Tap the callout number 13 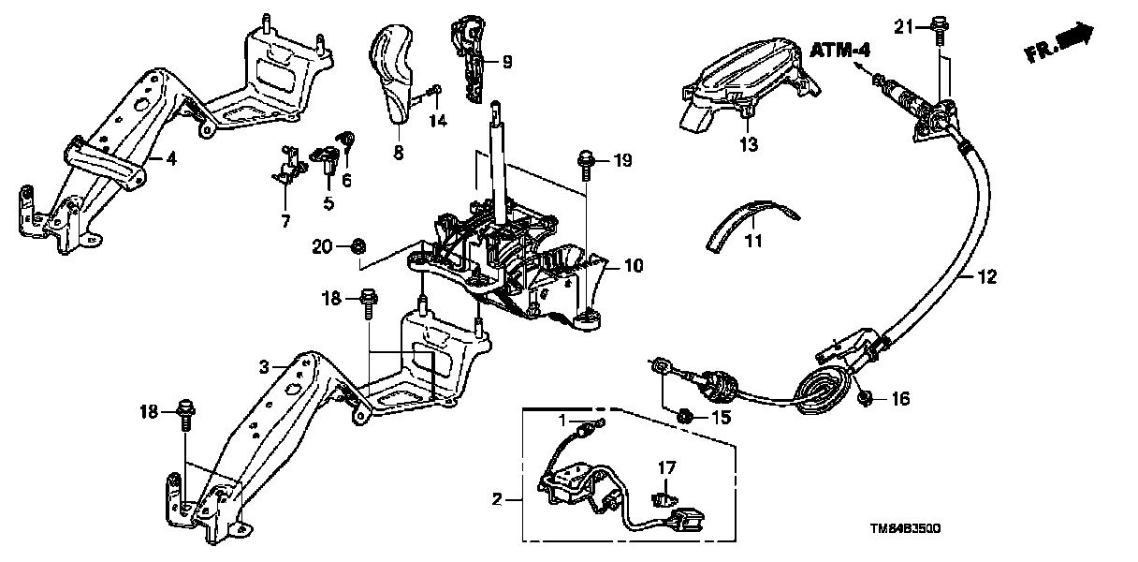(748, 145)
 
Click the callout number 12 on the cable (988, 276)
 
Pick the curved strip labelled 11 (749, 217)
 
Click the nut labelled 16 (866, 398)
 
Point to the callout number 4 (170, 159)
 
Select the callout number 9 (506, 63)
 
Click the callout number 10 (634, 267)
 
